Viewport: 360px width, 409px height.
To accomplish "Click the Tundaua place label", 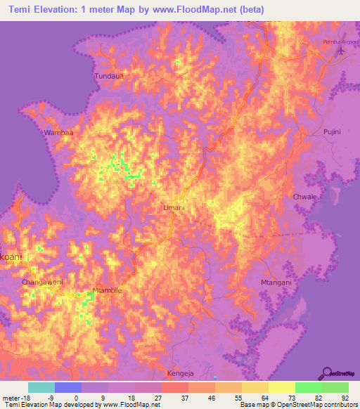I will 108,75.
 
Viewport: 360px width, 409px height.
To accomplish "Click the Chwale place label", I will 305,197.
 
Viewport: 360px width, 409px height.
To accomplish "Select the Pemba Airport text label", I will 326,43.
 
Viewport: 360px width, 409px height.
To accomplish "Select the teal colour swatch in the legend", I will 41,387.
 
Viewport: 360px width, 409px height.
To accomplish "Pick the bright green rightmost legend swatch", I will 335,387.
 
